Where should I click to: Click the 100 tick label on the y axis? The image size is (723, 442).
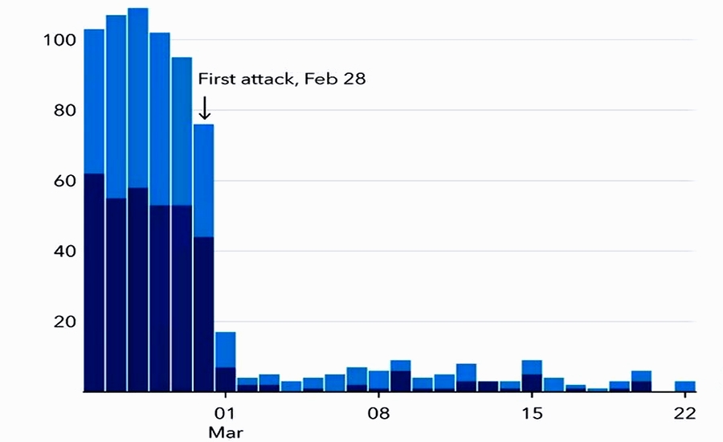tap(60, 39)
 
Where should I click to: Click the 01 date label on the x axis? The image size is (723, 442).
tap(225, 415)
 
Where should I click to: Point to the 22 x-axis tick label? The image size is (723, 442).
tap(684, 415)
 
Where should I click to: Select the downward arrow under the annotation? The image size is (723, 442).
tap(204, 108)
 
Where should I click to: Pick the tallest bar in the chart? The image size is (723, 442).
tap(138, 201)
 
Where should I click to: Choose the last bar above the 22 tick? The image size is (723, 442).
tap(684, 387)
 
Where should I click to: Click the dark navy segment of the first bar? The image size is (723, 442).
tap(94, 281)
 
